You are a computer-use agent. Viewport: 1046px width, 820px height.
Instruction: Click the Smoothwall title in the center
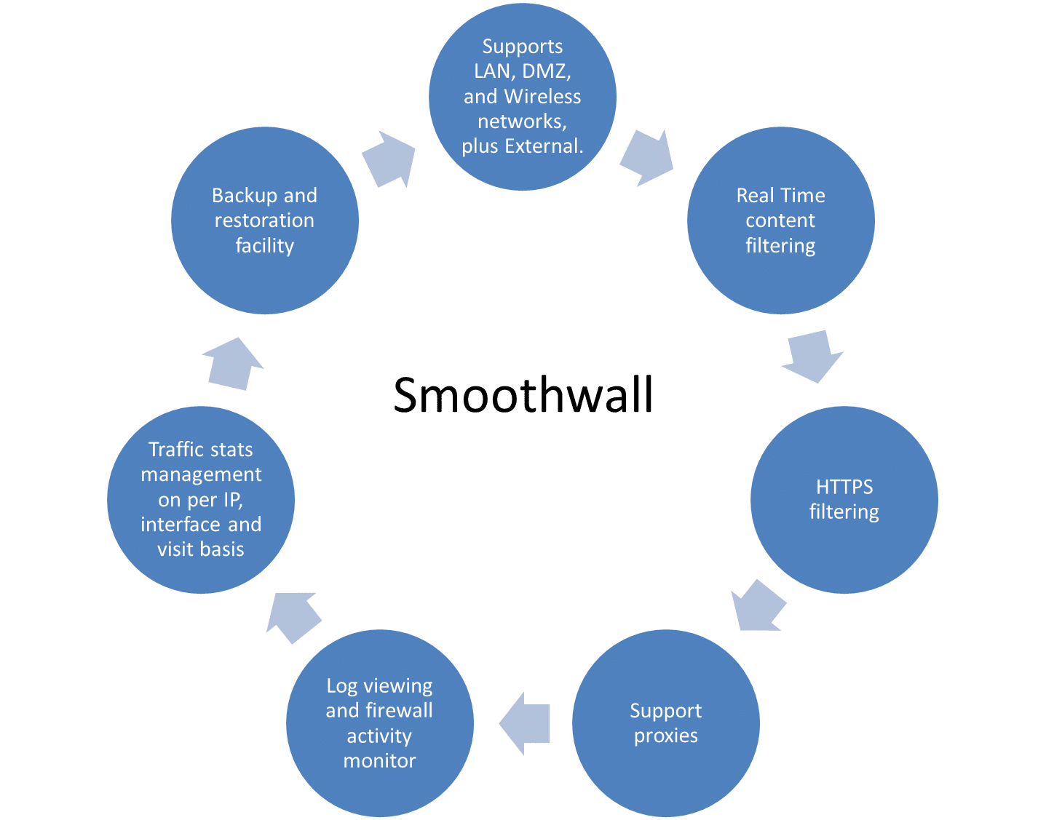point(523,395)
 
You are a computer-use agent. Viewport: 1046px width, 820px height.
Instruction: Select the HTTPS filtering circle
point(844,500)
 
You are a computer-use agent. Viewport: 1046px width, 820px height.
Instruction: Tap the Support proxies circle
point(665,723)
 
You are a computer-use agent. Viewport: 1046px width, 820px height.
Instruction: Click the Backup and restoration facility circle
point(264,220)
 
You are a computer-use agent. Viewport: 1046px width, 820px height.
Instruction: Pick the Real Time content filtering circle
point(780,220)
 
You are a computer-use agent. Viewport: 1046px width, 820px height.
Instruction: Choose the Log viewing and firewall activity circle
point(379,723)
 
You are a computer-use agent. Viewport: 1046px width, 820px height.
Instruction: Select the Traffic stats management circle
point(201,500)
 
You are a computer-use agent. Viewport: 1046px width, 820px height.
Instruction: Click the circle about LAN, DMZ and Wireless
point(522,96)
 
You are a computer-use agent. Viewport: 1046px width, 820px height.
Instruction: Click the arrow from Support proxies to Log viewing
point(523,723)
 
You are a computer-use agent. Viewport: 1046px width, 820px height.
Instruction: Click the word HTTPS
point(844,487)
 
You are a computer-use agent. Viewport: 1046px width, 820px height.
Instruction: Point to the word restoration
point(264,220)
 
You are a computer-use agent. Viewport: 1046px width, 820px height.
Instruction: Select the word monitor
point(379,761)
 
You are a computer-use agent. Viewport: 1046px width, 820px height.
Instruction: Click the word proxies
point(665,736)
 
